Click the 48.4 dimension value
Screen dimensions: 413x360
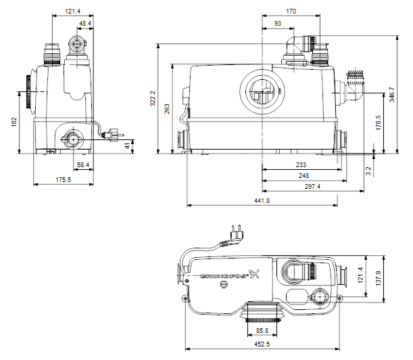pos(85,24)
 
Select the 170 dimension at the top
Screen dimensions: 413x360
pos(291,12)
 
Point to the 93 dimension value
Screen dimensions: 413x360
pos(278,24)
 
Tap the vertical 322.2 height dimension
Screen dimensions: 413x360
pos(153,99)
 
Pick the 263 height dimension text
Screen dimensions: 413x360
pos(167,109)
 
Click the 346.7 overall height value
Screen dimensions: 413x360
pos(392,95)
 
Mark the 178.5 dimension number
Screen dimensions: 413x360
pos(379,122)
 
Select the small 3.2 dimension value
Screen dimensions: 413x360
pos(368,171)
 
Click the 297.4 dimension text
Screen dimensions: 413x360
pos(312,187)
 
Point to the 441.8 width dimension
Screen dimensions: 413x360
pos(262,201)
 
